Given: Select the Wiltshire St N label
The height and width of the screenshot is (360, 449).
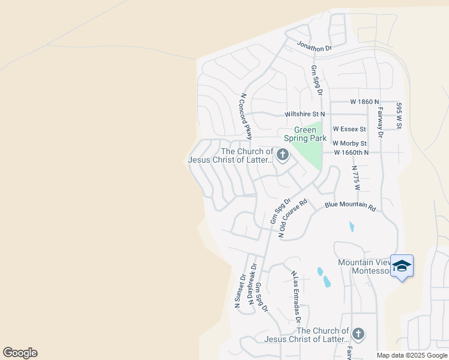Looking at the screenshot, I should tap(304, 114).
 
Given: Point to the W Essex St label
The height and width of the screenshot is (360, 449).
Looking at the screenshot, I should tap(349, 129).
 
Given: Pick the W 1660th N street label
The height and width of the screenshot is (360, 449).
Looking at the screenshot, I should tap(351, 152).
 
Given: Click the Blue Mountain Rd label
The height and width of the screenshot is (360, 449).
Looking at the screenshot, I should tap(350, 205).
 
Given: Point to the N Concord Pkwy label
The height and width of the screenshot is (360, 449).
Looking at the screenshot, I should tap(245, 113).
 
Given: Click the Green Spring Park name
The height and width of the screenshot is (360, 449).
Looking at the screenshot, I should tap(310, 134).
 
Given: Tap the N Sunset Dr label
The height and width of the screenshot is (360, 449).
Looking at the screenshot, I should tap(240, 291).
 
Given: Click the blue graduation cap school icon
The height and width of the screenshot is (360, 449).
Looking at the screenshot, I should tap(402, 266).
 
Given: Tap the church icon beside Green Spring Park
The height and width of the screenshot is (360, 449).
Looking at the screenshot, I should tap(282, 156).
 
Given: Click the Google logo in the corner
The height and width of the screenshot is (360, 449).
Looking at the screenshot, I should tap(20, 353).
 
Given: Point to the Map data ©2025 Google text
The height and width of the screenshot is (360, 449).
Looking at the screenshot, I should tap(412, 355).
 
